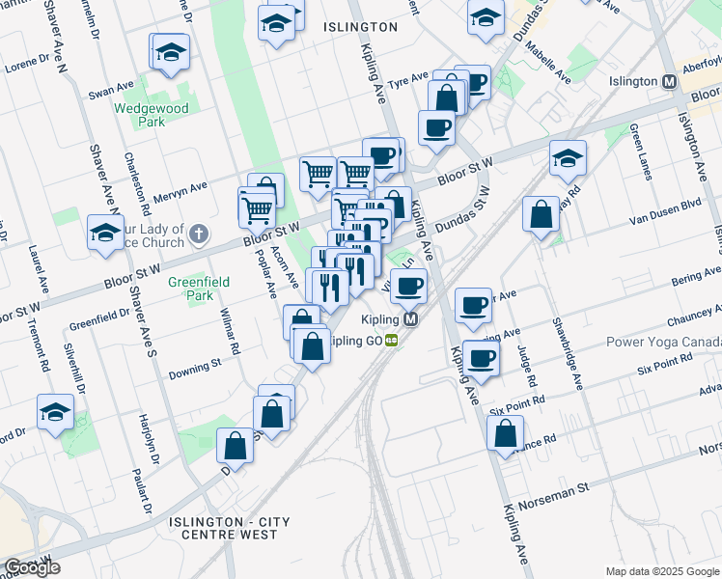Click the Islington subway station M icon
point(668,82)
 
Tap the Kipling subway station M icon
point(411,319)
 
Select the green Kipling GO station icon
point(391,340)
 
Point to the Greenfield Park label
point(190,289)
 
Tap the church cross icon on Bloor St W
point(198,233)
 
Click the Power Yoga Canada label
point(663,343)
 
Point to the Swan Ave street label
point(111,92)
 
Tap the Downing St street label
point(195,364)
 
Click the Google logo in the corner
point(32,567)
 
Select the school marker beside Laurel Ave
point(105,232)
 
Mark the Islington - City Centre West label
point(229,528)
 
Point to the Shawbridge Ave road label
point(568,353)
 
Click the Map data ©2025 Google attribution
point(663,571)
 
